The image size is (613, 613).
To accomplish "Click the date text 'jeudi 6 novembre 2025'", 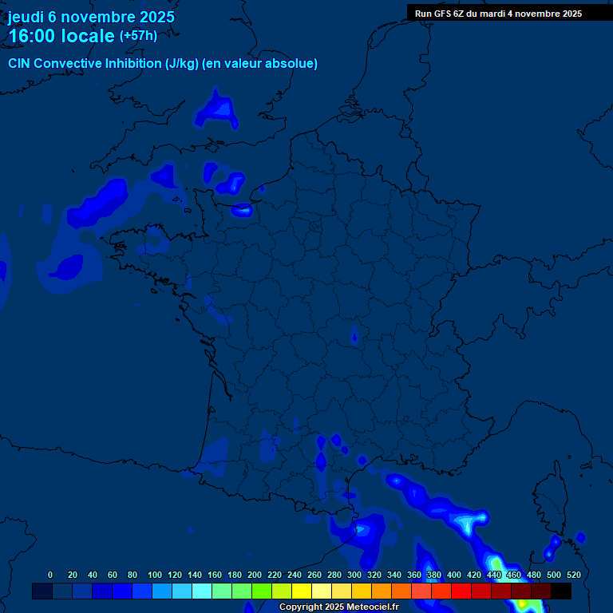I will pyautogui.click(x=91, y=17).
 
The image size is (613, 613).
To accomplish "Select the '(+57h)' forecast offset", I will pyautogui.click(x=138, y=36).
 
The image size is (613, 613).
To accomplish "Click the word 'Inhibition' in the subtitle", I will pyautogui.click(x=132, y=64).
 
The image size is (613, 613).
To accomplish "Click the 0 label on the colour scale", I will pyautogui.click(x=50, y=575).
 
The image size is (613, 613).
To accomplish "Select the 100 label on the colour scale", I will pyautogui.click(x=155, y=575).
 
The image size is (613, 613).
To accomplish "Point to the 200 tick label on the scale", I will pyautogui.click(x=255, y=575).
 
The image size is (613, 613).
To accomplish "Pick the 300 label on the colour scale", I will pyautogui.click(x=354, y=575).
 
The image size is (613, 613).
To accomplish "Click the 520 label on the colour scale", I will pyautogui.click(x=573, y=575).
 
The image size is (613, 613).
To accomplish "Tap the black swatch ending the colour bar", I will pyautogui.click(x=561, y=591).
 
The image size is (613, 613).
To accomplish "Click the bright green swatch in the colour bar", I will pyautogui.click(x=262, y=591).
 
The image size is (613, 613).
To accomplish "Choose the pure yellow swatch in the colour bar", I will pyautogui.click(x=302, y=591).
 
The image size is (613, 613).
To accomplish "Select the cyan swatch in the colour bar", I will pyautogui.click(x=202, y=591).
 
